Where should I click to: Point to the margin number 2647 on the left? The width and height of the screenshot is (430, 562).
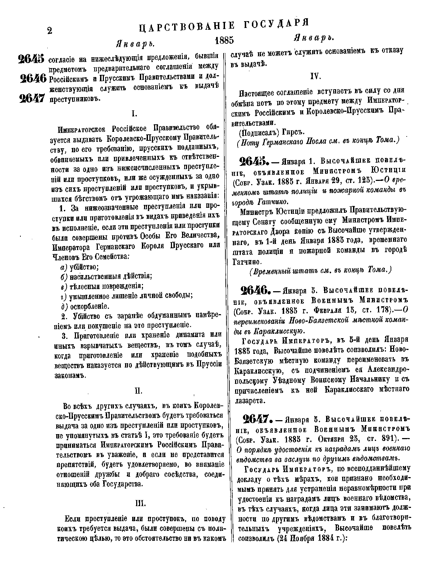point(32,98)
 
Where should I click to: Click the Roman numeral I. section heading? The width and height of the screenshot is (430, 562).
point(134,114)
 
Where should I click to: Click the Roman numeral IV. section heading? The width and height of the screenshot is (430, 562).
point(317,76)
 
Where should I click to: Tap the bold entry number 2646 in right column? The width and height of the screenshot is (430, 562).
point(255,289)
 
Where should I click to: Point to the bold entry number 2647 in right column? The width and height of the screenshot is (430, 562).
point(255,418)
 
